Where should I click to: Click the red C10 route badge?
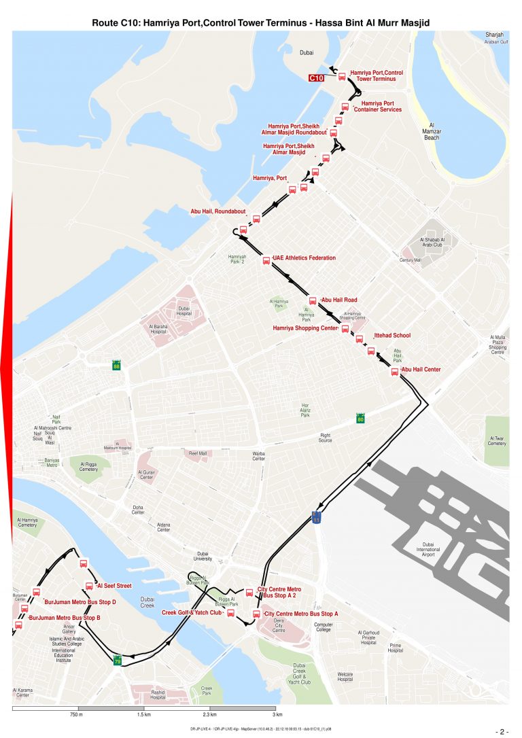pos(316,78)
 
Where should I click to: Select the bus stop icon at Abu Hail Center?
pos(394,372)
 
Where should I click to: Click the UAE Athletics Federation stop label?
pos(304,258)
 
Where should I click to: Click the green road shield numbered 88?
pos(117,366)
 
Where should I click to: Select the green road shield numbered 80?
pos(360,419)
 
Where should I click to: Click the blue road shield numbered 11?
pos(317,518)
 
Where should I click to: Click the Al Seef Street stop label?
pos(115,585)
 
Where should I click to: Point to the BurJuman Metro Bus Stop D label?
pos(80,602)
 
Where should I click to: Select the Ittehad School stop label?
pos(393,336)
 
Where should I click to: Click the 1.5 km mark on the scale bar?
pos(143,715)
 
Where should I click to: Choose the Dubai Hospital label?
pos(184,311)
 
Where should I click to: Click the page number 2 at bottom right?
pos(504,731)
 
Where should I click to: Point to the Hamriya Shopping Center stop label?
pos(305,328)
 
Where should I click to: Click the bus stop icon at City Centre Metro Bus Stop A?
pos(256,615)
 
